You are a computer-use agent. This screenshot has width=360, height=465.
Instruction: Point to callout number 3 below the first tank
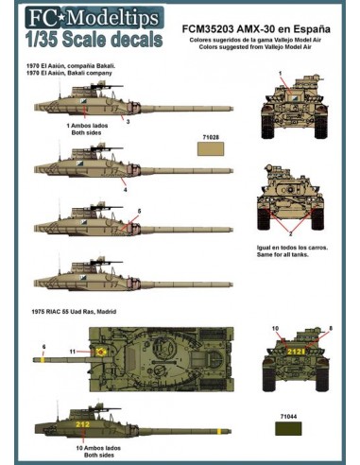129,121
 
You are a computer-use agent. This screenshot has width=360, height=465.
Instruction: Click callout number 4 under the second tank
123,190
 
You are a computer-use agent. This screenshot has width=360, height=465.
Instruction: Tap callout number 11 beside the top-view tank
73,351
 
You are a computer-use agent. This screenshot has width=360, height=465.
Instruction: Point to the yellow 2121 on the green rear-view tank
295,351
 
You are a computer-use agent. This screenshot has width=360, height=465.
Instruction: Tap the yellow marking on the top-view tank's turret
99,351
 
